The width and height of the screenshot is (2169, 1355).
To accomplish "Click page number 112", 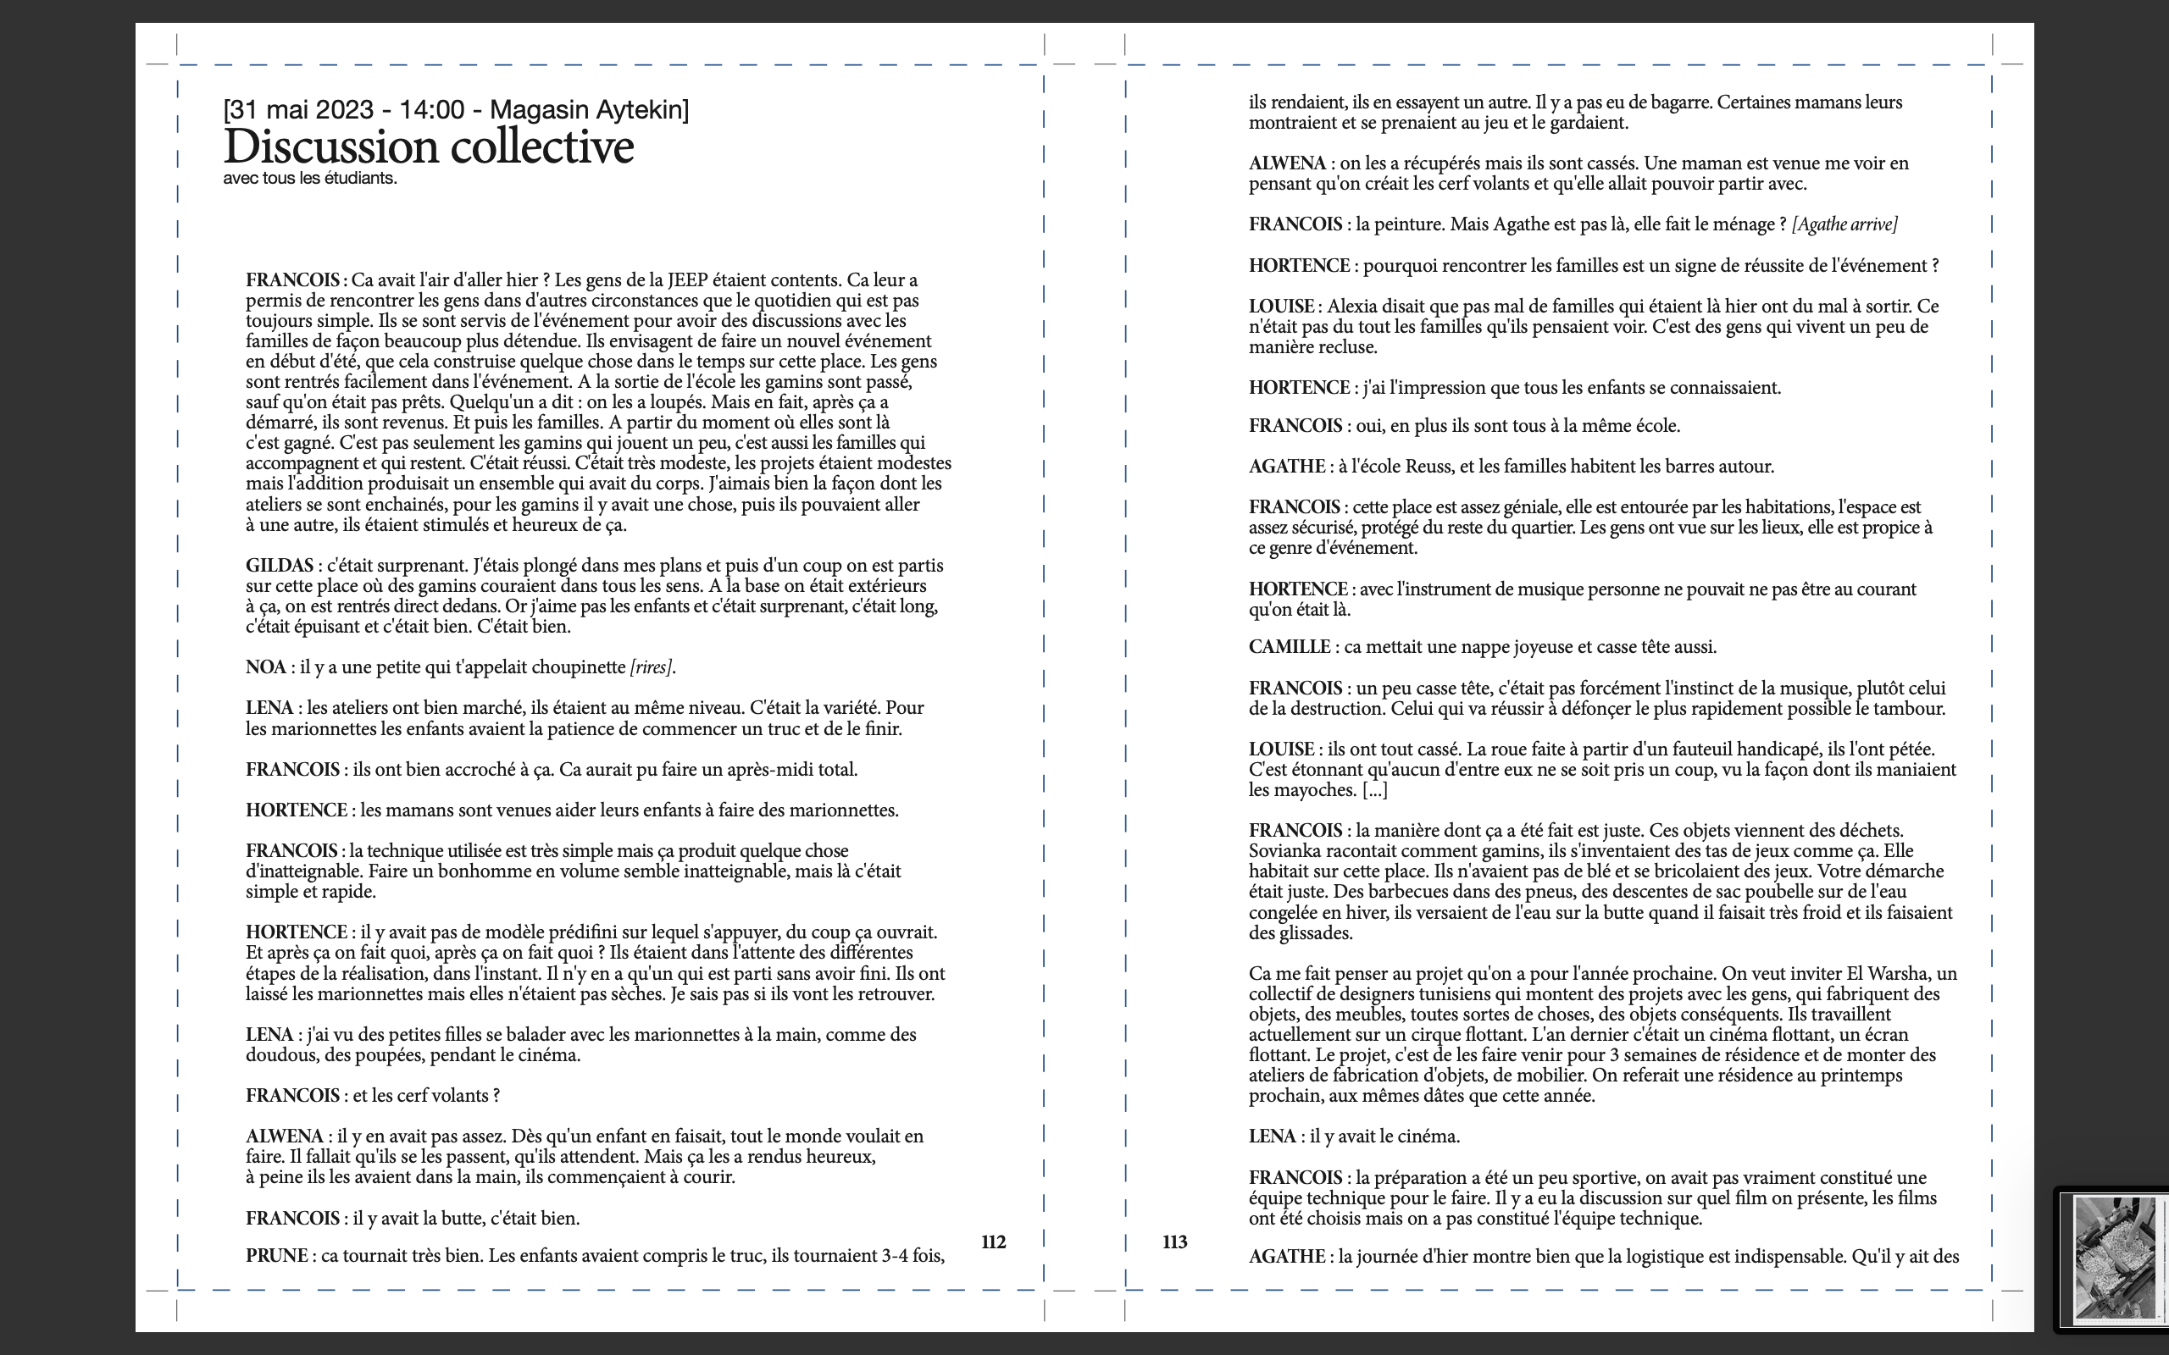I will (993, 1242).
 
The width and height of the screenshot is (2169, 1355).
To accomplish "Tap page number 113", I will (1174, 1242).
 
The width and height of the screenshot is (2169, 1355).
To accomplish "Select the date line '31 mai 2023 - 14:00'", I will (345, 109).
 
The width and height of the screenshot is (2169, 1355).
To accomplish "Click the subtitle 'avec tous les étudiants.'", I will (310, 179).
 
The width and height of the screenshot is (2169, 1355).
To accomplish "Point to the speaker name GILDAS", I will (280, 566).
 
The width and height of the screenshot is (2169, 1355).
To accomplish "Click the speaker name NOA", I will (265, 667).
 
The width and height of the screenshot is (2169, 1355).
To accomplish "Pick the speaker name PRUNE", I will (277, 1256).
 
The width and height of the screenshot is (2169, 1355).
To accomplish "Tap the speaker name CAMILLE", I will (1289, 647).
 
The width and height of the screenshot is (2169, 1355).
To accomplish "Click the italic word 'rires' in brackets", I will (651, 667).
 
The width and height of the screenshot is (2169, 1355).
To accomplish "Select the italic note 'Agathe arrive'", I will (1844, 224).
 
